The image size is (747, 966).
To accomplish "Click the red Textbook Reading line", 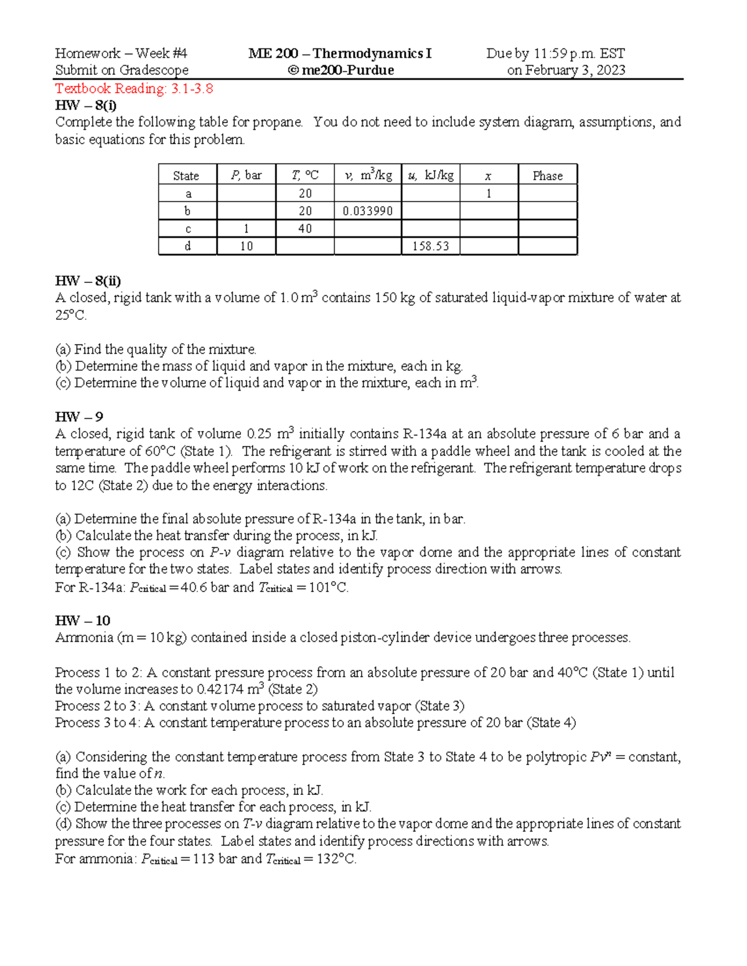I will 134,88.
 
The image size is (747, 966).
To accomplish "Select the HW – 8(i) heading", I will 86,105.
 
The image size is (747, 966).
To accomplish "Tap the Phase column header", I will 547,176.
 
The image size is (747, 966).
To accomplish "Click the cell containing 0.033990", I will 367,211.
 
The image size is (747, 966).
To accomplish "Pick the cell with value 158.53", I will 430,246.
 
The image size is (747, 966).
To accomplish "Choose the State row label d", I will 187,246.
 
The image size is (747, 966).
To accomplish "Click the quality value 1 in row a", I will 489,194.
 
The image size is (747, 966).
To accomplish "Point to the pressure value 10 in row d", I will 246,246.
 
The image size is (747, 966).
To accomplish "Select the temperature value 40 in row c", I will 304,229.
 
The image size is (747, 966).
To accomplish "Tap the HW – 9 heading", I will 79,417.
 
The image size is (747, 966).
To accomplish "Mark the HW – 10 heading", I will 83,621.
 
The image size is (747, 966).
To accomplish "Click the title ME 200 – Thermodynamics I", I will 340,53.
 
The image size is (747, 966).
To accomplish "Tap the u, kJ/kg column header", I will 430,176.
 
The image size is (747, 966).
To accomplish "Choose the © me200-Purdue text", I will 341,70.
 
